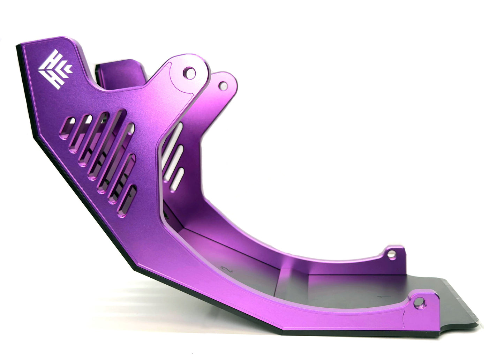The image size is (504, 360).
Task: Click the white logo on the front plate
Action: [55, 69]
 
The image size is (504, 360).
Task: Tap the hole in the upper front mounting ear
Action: [189, 73]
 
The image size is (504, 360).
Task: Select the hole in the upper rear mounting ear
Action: [223, 85]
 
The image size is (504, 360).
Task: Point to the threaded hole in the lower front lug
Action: [420, 302]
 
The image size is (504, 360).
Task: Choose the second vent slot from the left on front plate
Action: [80, 134]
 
